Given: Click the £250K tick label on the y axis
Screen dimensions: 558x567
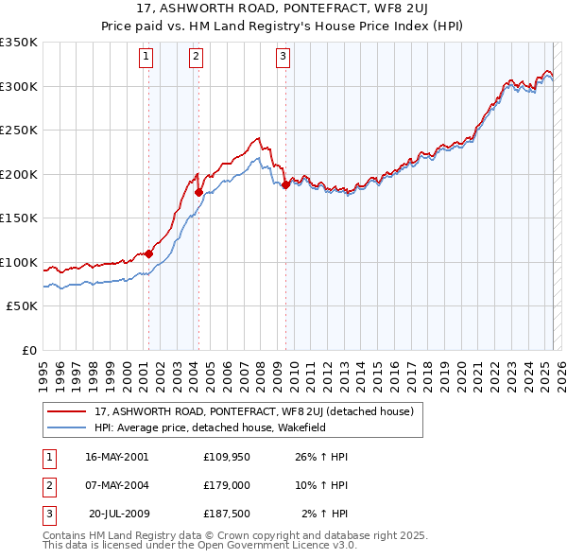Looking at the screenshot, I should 19,130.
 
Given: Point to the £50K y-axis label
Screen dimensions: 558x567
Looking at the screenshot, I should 22,306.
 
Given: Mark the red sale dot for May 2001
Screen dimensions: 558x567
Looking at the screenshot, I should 148,253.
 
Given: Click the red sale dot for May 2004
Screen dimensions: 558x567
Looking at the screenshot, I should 198,193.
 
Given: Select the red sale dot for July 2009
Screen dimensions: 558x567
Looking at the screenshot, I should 285,185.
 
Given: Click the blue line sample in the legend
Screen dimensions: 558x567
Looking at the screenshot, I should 67,427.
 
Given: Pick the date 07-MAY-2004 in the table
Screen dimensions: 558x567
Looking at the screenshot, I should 116,485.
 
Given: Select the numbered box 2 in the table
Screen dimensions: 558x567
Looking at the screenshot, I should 47,485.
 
